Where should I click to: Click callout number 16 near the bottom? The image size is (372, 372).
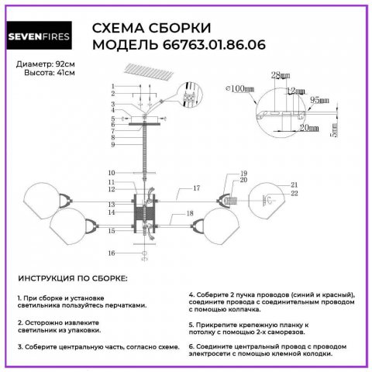112,253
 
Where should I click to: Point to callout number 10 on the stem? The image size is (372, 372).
112,172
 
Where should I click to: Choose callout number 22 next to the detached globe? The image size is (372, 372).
294,194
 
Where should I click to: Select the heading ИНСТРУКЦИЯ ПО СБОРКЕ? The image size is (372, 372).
71,278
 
